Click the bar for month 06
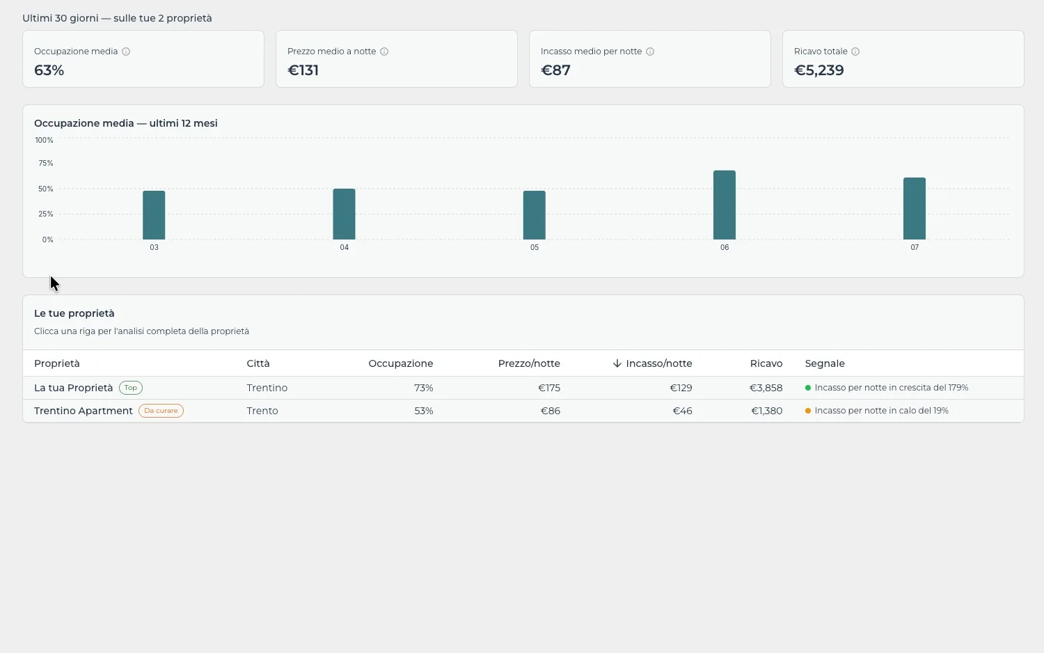tap(725, 205)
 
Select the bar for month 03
tap(154, 215)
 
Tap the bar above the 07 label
tap(915, 208)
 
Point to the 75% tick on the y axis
tap(46, 163)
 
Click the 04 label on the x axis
tap(344, 248)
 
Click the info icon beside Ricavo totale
tap(855, 52)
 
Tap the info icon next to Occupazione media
tap(126, 52)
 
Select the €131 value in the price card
tap(303, 70)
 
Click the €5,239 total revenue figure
tap(819, 70)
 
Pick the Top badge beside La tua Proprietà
tap(131, 388)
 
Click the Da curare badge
tap(161, 411)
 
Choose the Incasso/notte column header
tap(658, 363)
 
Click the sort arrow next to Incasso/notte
tap(617, 363)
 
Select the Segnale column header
tap(825, 363)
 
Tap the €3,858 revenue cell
tap(766, 388)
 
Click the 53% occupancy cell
tap(424, 411)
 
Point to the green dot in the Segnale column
tap(808, 388)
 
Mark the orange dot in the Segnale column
tap(808, 411)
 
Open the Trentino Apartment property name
tap(84, 411)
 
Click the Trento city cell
tap(262, 411)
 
